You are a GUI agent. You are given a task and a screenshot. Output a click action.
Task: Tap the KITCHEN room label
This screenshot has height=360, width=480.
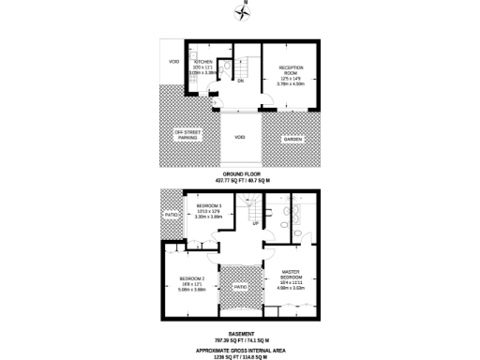coord(203,62)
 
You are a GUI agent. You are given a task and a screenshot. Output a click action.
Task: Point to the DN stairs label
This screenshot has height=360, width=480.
coord(241,82)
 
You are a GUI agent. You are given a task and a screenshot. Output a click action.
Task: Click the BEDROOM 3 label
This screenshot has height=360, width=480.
coord(208,205)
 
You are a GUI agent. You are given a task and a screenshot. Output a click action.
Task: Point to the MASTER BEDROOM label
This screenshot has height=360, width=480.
coord(292,276)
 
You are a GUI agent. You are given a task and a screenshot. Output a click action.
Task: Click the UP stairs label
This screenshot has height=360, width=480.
coord(254,223)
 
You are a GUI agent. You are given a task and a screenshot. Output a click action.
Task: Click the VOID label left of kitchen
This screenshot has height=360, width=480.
coord(172,62)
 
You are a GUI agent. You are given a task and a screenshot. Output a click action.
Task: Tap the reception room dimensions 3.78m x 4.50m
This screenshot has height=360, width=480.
coord(290,84)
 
